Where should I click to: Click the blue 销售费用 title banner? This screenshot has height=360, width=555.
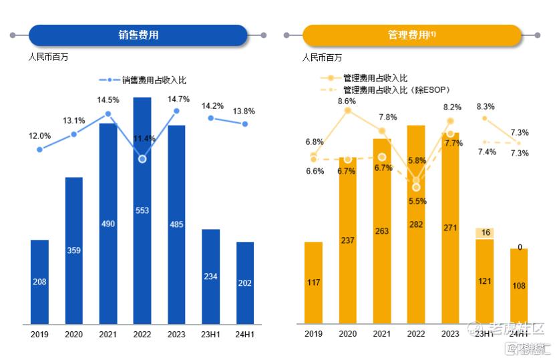tap(138, 35)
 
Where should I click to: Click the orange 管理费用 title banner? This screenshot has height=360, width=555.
tap(411, 35)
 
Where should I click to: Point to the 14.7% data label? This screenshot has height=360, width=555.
tap(179, 99)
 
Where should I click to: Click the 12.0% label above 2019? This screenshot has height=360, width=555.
tap(39, 136)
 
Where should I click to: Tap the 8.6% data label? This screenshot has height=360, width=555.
tap(347, 101)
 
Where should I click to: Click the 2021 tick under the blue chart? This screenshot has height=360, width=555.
tap(108, 334)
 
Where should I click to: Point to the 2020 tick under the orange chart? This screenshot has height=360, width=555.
tap(347, 334)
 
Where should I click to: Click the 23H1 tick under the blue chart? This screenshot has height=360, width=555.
tap(211, 334)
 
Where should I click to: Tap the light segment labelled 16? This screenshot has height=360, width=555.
tap(484, 232)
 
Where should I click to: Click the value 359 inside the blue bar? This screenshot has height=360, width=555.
tap(73, 251)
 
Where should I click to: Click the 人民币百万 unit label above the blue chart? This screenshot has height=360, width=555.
tap(48, 57)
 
